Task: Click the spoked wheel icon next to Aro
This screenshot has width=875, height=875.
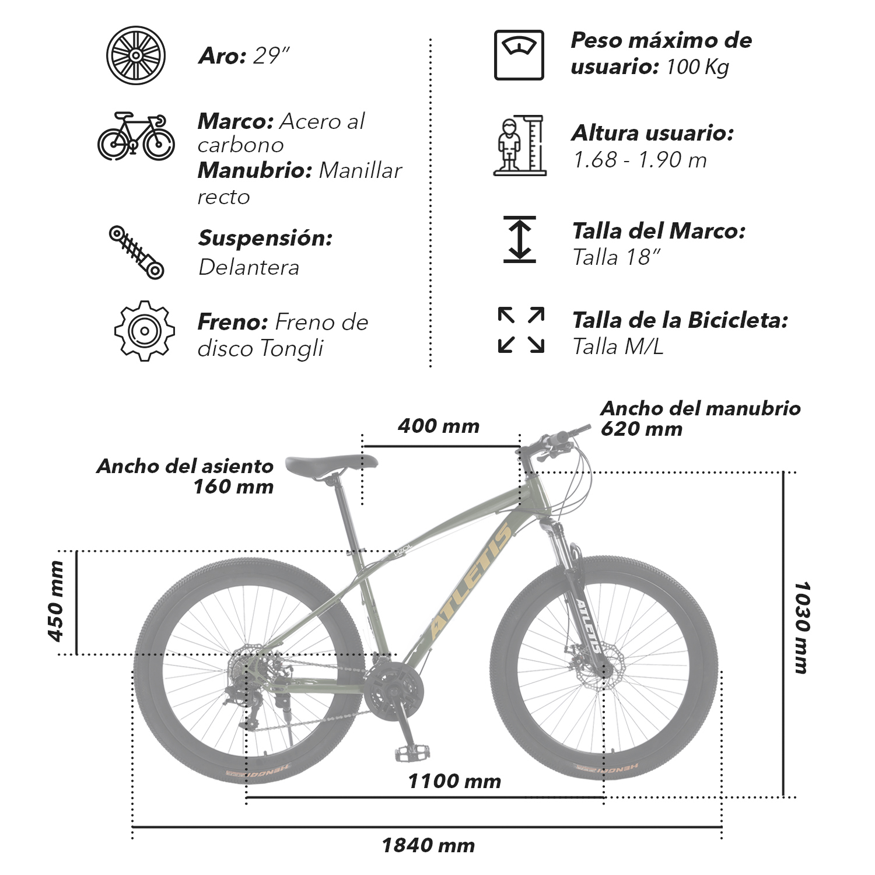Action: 136,55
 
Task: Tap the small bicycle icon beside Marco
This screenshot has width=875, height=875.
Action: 136,136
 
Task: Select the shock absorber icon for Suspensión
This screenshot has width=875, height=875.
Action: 136,253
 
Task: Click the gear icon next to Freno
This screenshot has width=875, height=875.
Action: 144,331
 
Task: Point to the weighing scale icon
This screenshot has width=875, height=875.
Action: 519,55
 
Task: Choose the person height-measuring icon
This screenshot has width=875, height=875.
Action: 520,145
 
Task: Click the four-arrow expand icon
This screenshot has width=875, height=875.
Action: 521,330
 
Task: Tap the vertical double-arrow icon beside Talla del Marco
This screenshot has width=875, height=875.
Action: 520,239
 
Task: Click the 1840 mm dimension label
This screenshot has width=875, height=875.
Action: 428,845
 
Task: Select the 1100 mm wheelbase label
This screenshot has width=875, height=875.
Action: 454,781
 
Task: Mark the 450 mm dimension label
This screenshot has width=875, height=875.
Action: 56,601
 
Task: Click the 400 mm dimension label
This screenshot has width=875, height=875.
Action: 439,426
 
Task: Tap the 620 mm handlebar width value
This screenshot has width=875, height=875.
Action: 642,429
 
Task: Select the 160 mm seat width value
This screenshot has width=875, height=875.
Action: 233,487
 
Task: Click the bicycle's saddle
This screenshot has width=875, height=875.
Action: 331,465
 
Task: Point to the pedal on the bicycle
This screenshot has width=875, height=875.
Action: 412,752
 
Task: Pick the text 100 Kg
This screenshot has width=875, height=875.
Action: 698,67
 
